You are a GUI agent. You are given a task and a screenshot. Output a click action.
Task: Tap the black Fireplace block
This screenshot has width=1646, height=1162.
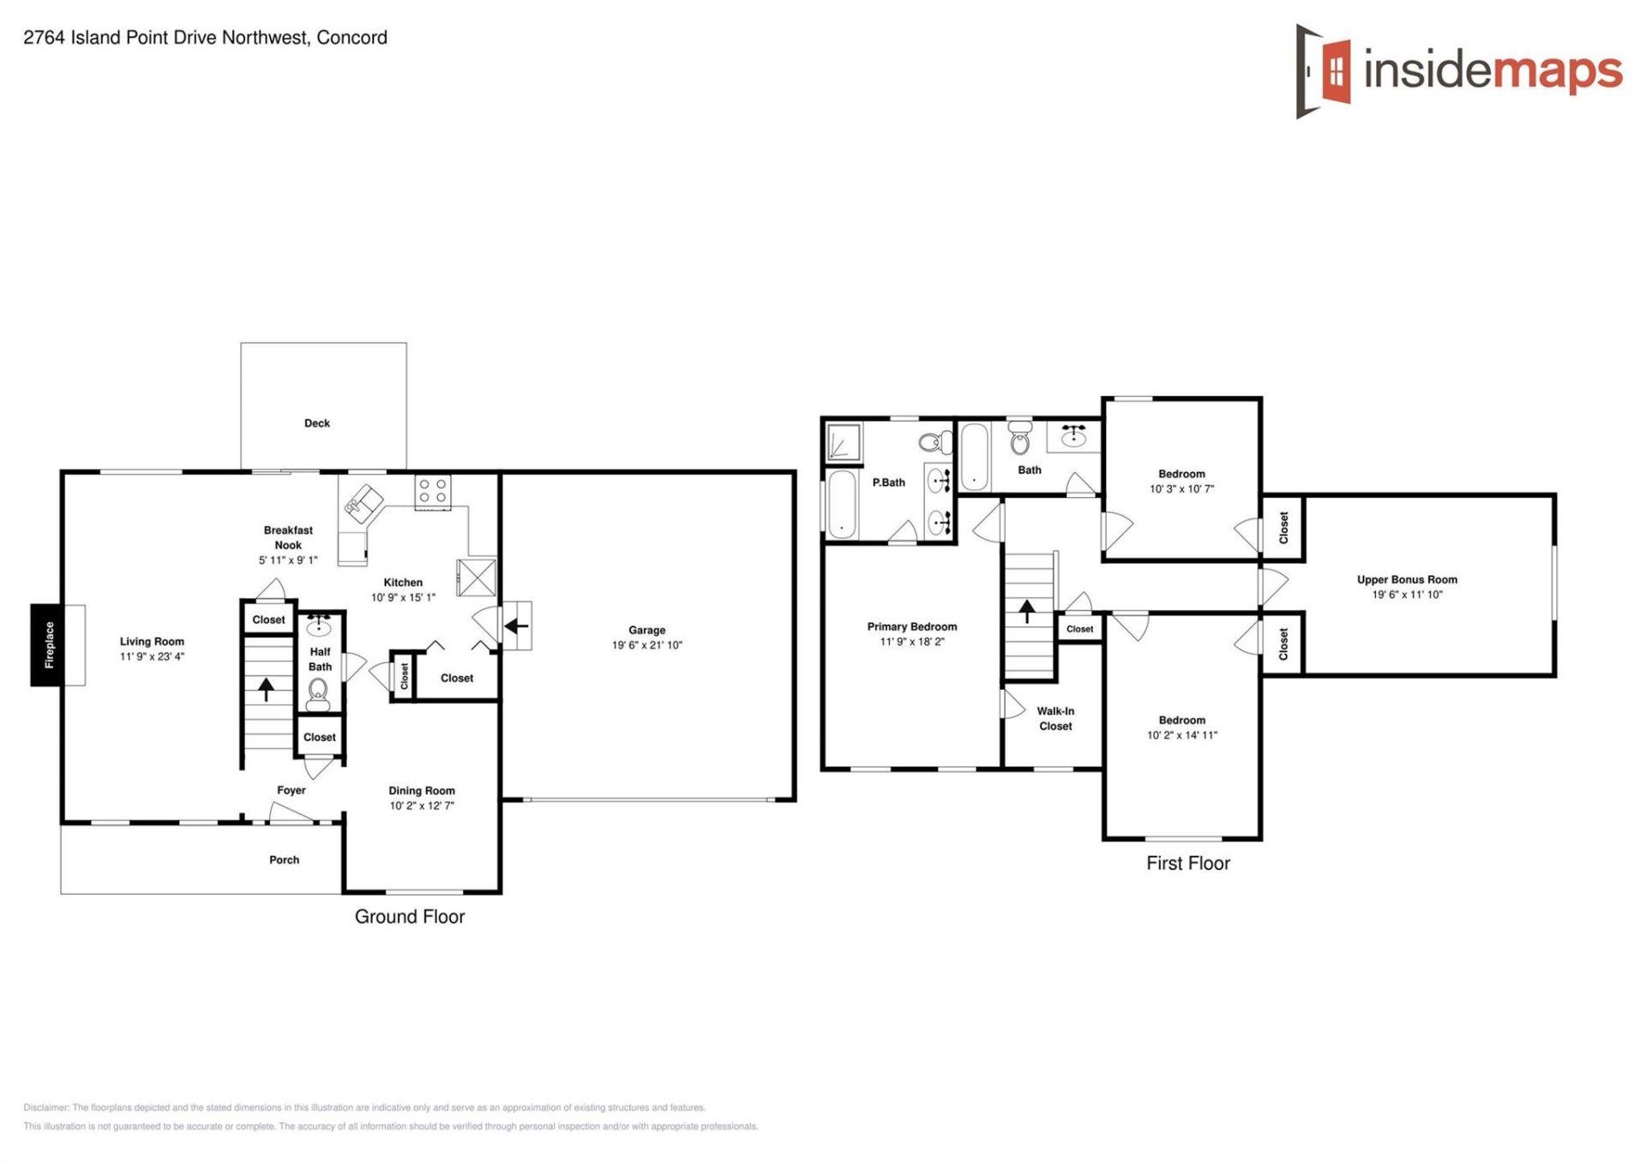coord(49,644)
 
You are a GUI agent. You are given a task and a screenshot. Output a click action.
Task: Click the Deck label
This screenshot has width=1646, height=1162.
coord(316,423)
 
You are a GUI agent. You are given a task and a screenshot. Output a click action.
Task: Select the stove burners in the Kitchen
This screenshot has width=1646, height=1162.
coord(432,491)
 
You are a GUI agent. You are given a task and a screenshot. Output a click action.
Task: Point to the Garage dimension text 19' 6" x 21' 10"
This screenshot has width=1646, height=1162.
coord(646,645)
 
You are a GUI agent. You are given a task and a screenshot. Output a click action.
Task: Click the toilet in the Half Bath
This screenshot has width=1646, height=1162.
coord(318,691)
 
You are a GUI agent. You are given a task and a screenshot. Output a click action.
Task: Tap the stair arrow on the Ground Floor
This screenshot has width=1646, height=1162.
coord(267,688)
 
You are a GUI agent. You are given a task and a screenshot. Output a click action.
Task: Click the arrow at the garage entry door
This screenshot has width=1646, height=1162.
coord(516,626)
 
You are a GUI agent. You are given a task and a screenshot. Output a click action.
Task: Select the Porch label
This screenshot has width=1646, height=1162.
coord(284,860)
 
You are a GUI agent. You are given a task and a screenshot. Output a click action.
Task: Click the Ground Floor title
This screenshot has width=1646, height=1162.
coord(410,917)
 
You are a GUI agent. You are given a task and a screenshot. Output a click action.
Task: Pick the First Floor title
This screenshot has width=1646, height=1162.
coord(1187,864)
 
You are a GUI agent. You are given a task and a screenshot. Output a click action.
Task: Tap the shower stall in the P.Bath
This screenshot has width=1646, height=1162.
coord(843,443)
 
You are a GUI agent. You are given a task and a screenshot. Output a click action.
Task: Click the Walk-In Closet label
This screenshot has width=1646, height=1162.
coord(1055,718)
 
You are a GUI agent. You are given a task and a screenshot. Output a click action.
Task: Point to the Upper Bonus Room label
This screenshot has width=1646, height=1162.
coord(1407,579)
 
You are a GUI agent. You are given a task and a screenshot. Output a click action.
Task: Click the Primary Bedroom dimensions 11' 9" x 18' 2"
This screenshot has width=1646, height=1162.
coord(911,642)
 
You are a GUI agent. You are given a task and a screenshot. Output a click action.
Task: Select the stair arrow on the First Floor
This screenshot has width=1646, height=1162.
coord(1027,610)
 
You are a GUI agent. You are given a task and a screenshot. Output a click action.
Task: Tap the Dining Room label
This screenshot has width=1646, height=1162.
coord(422,791)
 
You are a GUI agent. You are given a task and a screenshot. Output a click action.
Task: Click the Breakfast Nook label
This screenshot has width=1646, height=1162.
coord(288,537)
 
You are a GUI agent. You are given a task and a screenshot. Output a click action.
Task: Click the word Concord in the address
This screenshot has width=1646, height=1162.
coord(351,38)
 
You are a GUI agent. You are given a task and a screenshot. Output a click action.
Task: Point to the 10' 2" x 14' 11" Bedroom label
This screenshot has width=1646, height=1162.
coord(1181,728)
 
